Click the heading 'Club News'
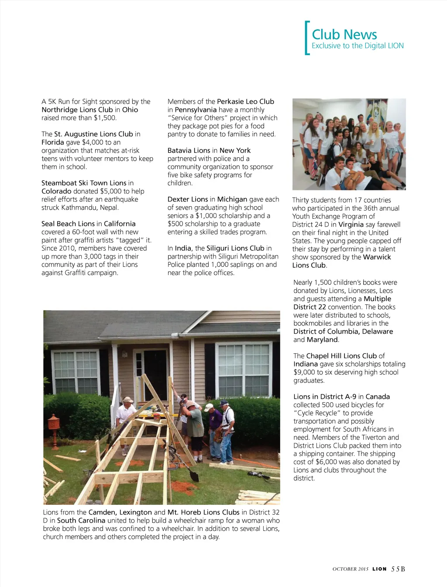[x=344, y=35]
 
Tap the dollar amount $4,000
[x=91, y=142]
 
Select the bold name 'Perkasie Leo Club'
[x=245, y=102]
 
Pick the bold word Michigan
[x=232, y=200]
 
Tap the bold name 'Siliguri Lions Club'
[x=235, y=249]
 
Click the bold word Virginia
[x=351, y=224]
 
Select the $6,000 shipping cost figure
[x=328, y=462]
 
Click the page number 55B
[x=398, y=569]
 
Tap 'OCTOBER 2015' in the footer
[x=350, y=569]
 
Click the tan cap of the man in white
[x=128, y=399]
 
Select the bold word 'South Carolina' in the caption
[x=81, y=521]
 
